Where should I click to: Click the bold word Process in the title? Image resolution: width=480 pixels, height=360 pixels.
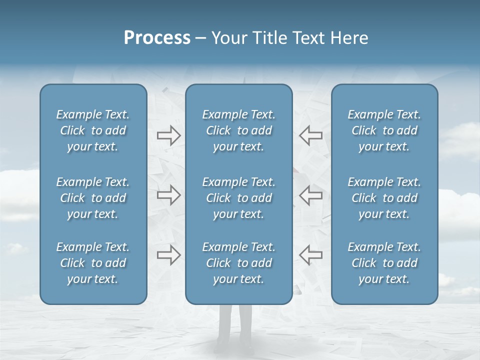pos(157,38)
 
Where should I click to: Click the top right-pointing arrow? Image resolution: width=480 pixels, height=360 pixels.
pos(168,135)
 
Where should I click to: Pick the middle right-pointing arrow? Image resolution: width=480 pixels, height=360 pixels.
pos(168,195)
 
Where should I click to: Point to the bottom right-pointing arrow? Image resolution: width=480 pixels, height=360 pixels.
pos(168,255)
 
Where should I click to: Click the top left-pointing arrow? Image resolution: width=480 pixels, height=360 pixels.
pos(310,135)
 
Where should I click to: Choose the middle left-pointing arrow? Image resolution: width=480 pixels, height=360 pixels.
pos(310,195)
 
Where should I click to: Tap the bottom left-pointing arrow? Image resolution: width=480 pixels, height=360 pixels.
pos(310,255)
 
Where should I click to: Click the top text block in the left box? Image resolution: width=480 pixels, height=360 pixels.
pos(93,130)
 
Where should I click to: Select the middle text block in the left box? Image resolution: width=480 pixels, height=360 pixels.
pos(93,198)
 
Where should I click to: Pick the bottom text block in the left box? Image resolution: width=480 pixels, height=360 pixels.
pos(93,263)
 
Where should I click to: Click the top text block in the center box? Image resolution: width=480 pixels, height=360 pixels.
pos(238,130)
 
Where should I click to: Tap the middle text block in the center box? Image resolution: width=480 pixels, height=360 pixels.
pos(238,198)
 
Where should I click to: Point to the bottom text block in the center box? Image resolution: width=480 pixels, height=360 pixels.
pos(238,263)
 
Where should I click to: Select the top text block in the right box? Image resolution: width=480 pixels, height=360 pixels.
pos(384,130)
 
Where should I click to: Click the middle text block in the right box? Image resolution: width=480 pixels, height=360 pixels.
pos(384,198)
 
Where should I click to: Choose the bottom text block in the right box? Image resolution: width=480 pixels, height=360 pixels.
pos(384,263)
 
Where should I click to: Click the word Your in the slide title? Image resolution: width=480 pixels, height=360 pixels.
pos(228,38)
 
